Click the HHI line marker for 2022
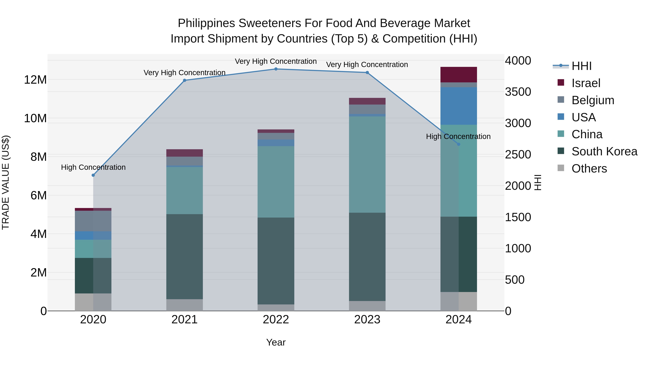click(276, 69)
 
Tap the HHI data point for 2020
click(93, 175)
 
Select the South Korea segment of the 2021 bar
click(184, 256)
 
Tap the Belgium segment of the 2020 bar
click(93, 221)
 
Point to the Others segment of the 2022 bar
click(276, 308)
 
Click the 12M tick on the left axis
click(35, 80)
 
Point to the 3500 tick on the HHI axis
click(518, 92)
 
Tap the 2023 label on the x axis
click(367, 320)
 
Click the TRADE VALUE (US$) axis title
click(6, 182)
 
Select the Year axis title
click(276, 342)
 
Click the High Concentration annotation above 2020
click(93, 167)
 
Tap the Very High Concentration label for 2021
click(184, 72)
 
